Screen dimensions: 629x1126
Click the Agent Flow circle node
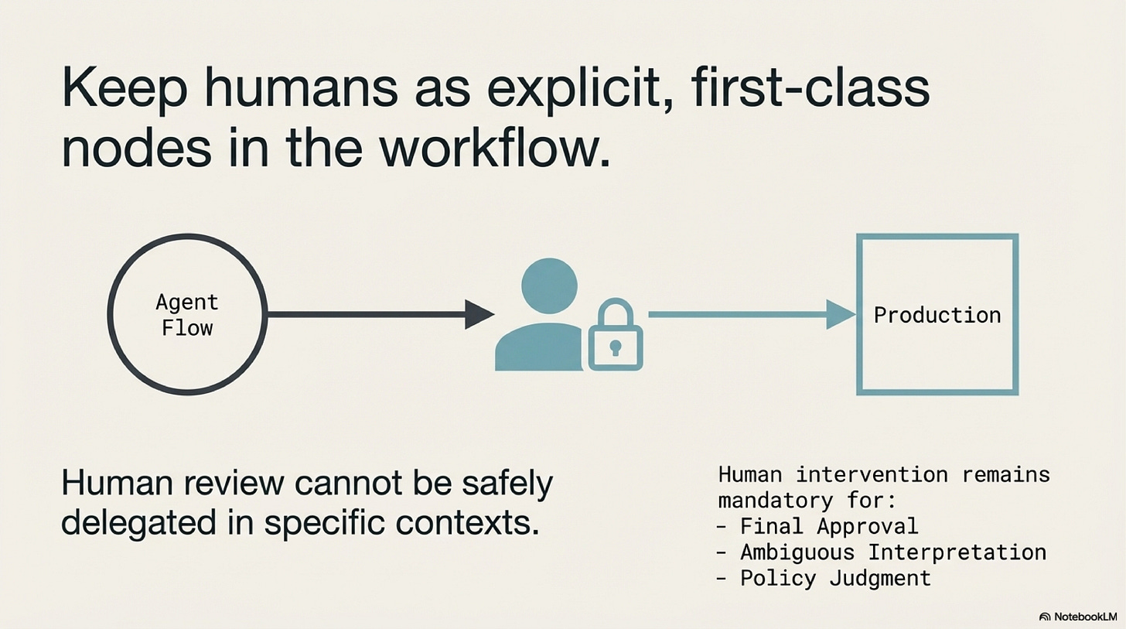pos(186,315)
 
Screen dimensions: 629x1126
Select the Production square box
pos(937,315)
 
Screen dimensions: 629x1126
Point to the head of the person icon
pos(549,285)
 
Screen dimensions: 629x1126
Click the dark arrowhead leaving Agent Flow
pos(479,314)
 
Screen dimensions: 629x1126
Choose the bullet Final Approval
pos(828,526)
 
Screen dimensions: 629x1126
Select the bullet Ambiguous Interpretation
pos(892,552)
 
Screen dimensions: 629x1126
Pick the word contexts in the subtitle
pos(467,525)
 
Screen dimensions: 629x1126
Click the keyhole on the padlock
pos(616,346)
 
